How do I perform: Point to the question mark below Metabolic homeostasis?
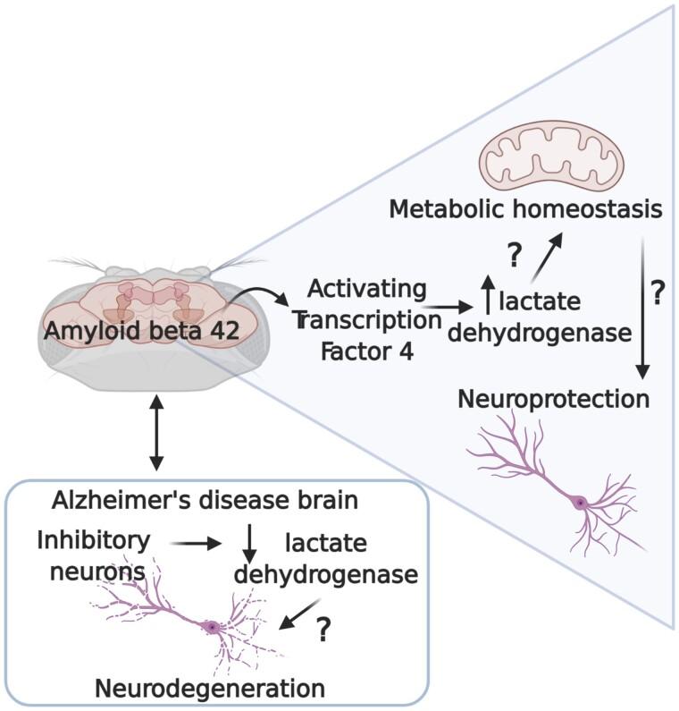[x=514, y=256]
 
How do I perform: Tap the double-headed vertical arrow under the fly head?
[x=157, y=434]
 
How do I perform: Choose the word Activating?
[x=367, y=289]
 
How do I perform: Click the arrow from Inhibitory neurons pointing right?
[x=196, y=542]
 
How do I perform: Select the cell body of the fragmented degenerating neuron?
[x=213, y=628]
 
